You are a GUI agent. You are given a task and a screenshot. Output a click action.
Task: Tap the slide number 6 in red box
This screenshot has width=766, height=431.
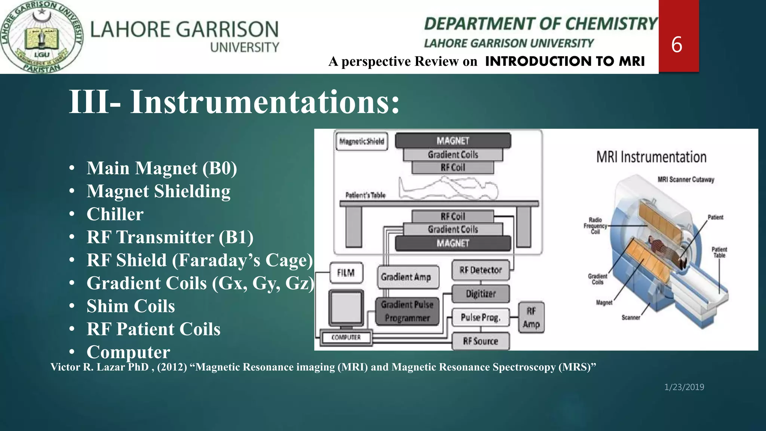677,45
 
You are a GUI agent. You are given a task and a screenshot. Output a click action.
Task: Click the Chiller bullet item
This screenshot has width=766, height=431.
115,214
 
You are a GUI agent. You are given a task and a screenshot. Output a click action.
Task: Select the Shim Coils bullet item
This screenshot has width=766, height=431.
131,306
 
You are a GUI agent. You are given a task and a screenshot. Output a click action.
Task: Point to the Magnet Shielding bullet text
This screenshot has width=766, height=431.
158,191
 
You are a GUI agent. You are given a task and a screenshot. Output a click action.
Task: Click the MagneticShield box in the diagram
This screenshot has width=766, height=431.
361,141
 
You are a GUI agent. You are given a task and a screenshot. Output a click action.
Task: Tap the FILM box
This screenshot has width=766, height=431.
346,273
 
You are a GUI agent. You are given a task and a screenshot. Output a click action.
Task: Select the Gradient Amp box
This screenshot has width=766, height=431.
407,277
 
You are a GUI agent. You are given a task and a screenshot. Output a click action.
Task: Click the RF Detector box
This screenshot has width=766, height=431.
480,270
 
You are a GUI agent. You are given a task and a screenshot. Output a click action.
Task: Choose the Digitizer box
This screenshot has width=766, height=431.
481,294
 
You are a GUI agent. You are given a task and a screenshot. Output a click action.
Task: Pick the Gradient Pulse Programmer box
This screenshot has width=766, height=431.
407,311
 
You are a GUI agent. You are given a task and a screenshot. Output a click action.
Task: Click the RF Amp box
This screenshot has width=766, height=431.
531,318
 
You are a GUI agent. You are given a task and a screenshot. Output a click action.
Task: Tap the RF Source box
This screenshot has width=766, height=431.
481,341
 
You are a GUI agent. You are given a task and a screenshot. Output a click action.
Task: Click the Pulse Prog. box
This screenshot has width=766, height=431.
480,318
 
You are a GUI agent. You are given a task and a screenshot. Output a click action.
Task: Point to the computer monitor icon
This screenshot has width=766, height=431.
346,308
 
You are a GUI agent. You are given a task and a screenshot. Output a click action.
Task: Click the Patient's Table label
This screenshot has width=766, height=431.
365,195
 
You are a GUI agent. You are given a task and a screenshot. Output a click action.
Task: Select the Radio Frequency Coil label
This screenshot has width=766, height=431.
595,226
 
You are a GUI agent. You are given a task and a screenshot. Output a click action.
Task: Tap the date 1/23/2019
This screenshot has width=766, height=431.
684,387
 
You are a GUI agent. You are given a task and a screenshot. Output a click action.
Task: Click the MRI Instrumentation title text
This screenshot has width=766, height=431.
651,157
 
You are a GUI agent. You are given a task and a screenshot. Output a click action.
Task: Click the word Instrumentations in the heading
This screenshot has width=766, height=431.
265,102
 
